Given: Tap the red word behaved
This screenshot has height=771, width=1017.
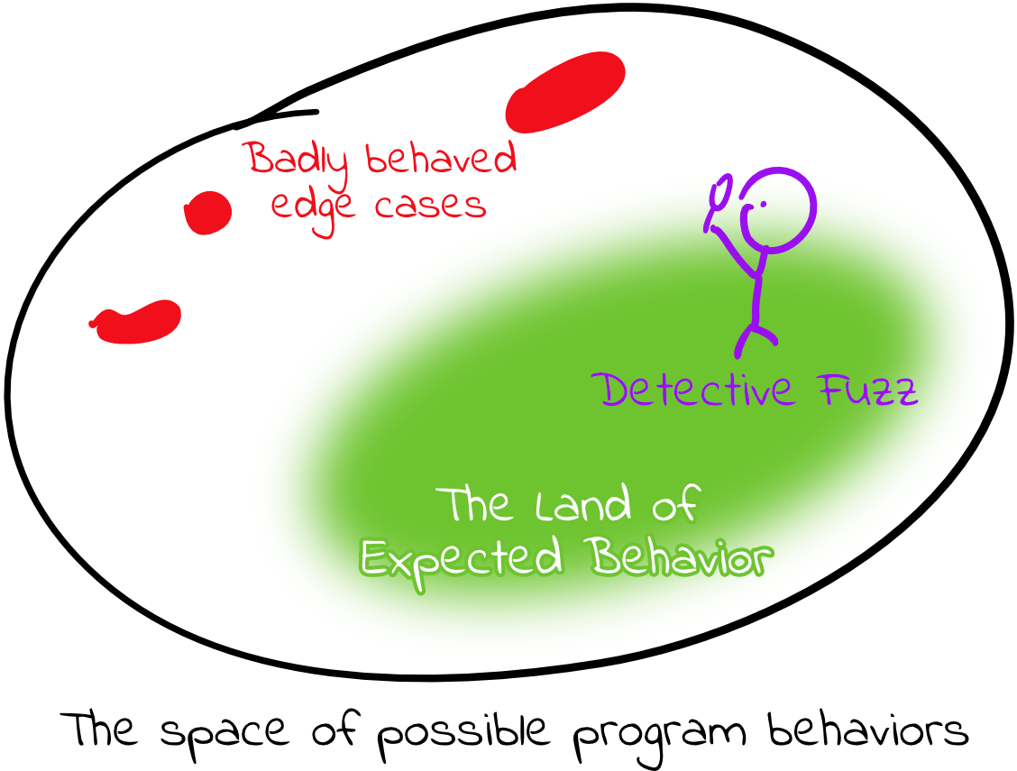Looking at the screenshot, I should point(442,161).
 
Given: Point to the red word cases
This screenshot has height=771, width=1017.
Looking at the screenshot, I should point(431,207).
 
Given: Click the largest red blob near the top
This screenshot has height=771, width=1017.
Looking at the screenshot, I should point(565,92).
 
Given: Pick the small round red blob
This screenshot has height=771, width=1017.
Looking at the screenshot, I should point(208,213).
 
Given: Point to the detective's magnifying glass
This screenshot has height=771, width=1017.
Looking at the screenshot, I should point(720,196).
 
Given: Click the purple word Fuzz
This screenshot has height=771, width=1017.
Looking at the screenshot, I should point(866,390).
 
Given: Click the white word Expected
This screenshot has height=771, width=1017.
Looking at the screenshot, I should point(462,559).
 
